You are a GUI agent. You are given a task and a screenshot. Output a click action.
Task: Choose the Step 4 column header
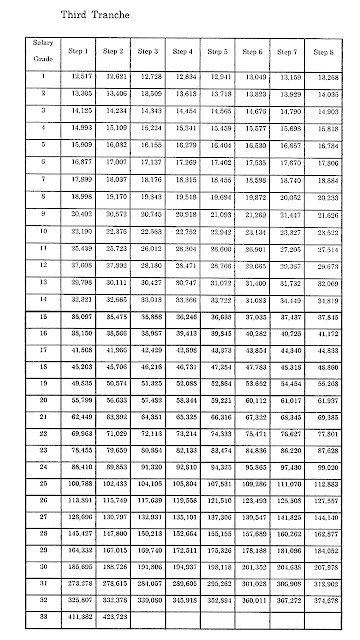point(183,50)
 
